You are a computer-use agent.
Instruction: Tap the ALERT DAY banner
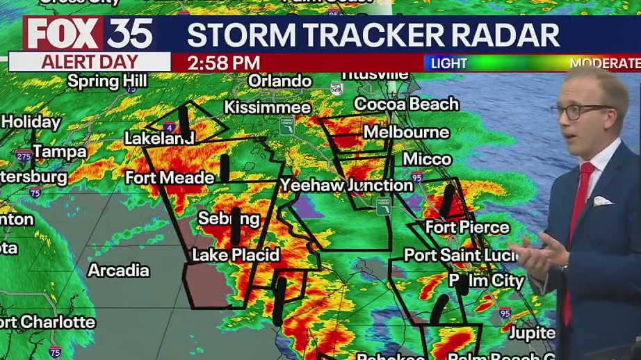[89, 63]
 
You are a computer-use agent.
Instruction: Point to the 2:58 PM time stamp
[223, 63]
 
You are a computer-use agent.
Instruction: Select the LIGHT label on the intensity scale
[449, 63]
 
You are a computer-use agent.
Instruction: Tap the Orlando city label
[279, 81]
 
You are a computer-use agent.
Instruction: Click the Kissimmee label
[267, 108]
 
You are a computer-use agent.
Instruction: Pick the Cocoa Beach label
[406, 104]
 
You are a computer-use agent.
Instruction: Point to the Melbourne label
[406, 132]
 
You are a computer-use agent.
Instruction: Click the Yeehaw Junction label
[346, 185]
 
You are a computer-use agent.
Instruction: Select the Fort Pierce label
[466, 227]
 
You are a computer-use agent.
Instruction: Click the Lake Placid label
[235, 255]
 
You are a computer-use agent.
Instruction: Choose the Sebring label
[229, 219]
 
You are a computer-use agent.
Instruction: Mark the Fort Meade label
[170, 178]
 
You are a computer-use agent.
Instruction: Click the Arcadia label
[118, 270]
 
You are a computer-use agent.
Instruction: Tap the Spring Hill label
[106, 81]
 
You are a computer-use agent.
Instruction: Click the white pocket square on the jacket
[602, 201]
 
